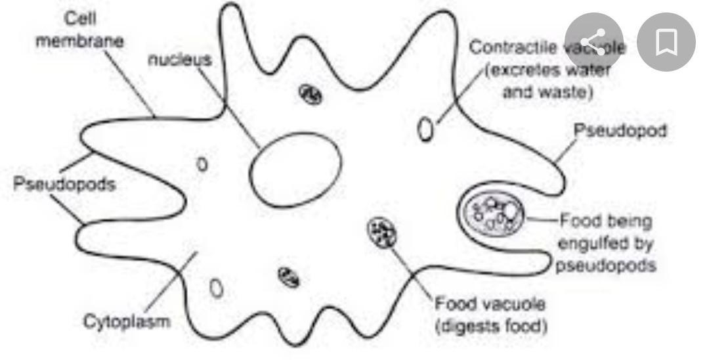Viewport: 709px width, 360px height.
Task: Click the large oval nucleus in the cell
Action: [295, 171]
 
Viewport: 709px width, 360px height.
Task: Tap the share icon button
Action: [593, 43]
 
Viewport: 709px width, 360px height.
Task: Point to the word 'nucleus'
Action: [180, 60]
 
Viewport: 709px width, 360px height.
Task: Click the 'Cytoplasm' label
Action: [126, 321]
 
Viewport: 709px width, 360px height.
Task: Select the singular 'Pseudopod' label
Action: [620, 131]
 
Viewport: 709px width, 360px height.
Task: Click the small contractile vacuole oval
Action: [426, 128]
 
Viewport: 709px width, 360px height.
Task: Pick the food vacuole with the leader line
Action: [381, 233]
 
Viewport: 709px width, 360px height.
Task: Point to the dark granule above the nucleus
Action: [310, 94]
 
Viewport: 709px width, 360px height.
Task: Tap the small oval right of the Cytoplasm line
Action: [216, 287]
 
